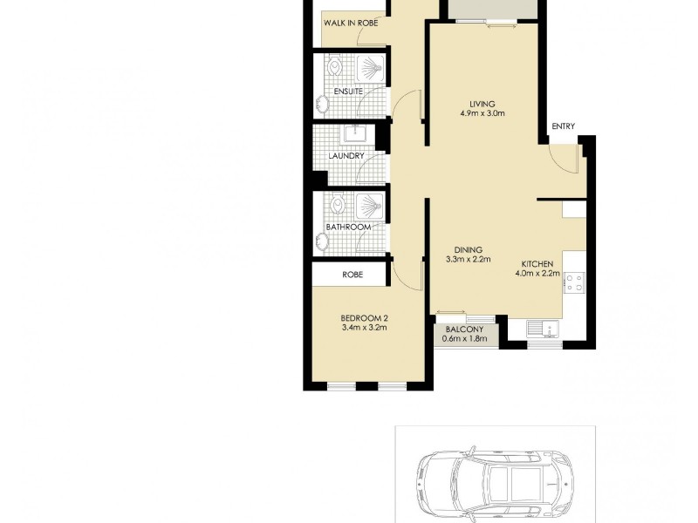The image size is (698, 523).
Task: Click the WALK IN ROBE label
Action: point(350,23)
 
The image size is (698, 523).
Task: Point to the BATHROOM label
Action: point(348,228)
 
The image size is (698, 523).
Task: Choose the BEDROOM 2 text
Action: point(363,317)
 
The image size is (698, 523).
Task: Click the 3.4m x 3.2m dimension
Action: point(363,328)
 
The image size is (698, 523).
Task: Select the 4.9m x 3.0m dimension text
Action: point(482,114)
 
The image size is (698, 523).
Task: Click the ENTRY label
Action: point(563,126)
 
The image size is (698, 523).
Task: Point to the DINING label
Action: point(469,249)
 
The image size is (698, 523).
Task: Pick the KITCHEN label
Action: point(537,263)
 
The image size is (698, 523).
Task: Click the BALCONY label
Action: point(464,329)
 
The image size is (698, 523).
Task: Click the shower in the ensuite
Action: point(371,69)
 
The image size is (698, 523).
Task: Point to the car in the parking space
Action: point(494,480)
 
